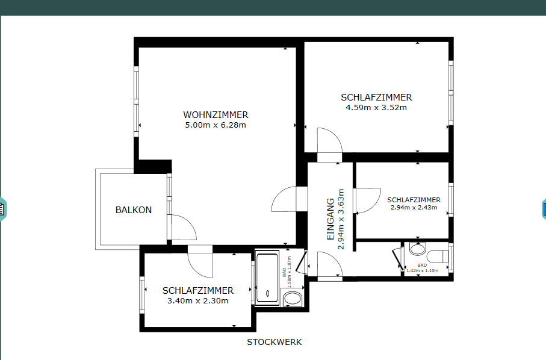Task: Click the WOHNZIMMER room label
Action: point(216,114)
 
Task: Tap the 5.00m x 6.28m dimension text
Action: point(216,125)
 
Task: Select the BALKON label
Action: point(134,210)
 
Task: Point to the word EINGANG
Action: point(330,219)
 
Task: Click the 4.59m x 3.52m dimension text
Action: point(376,108)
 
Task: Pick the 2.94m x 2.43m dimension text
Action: point(414,208)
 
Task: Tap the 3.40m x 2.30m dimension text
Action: point(198,301)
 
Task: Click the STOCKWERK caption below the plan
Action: point(275,343)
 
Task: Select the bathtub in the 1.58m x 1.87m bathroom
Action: point(267,278)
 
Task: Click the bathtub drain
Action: point(267,294)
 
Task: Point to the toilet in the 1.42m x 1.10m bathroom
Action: point(438,257)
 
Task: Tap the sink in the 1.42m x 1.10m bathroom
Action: point(418,249)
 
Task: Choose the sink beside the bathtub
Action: point(293,299)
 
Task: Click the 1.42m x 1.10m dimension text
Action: point(423,270)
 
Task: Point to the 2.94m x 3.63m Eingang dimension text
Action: point(341,219)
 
